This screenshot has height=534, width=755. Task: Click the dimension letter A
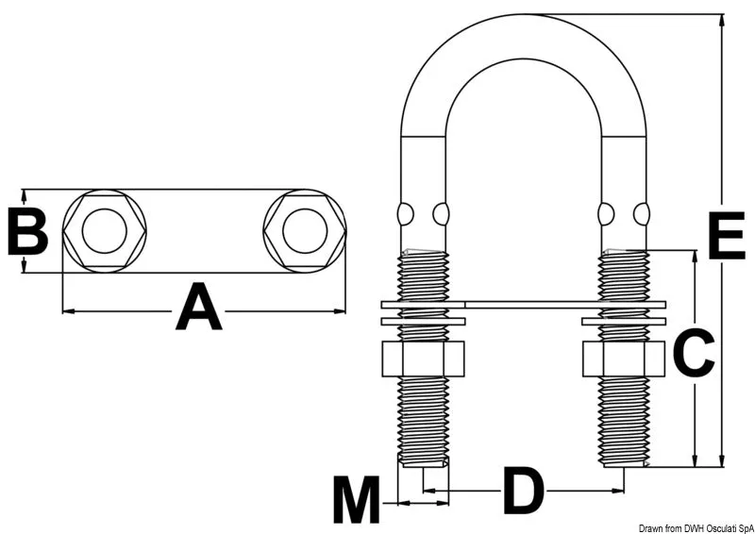coord(199,307)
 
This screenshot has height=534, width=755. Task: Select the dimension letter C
coord(693,354)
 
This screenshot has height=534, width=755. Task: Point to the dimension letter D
coord(523,491)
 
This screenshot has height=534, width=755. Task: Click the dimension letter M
coord(357,500)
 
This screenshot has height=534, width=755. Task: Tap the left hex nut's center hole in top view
coord(105,231)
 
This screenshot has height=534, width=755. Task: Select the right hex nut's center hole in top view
coord(305,231)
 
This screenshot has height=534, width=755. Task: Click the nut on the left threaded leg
coord(423,359)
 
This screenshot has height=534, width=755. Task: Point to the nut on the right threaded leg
coord(624,359)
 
